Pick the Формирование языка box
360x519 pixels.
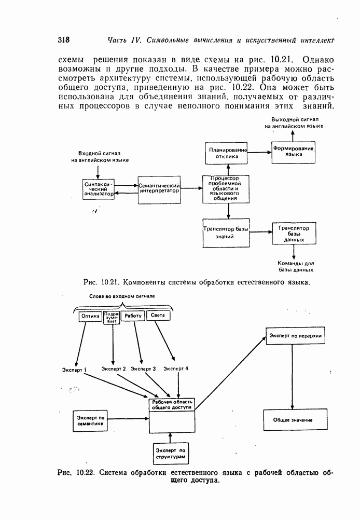tap(294, 152)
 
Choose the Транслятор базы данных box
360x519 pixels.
tap(294, 234)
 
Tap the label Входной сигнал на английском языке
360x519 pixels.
tap(100, 157)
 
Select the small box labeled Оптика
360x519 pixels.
tap(90, 316)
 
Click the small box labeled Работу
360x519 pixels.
tap(133, 316)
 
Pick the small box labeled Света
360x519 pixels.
tap(158, 316)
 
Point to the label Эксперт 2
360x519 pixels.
tap(114, 368)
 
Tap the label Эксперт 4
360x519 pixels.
tap(176, 368)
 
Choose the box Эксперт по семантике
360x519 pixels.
tap(91, 421)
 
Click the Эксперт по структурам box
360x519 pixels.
tap(171, 453)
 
